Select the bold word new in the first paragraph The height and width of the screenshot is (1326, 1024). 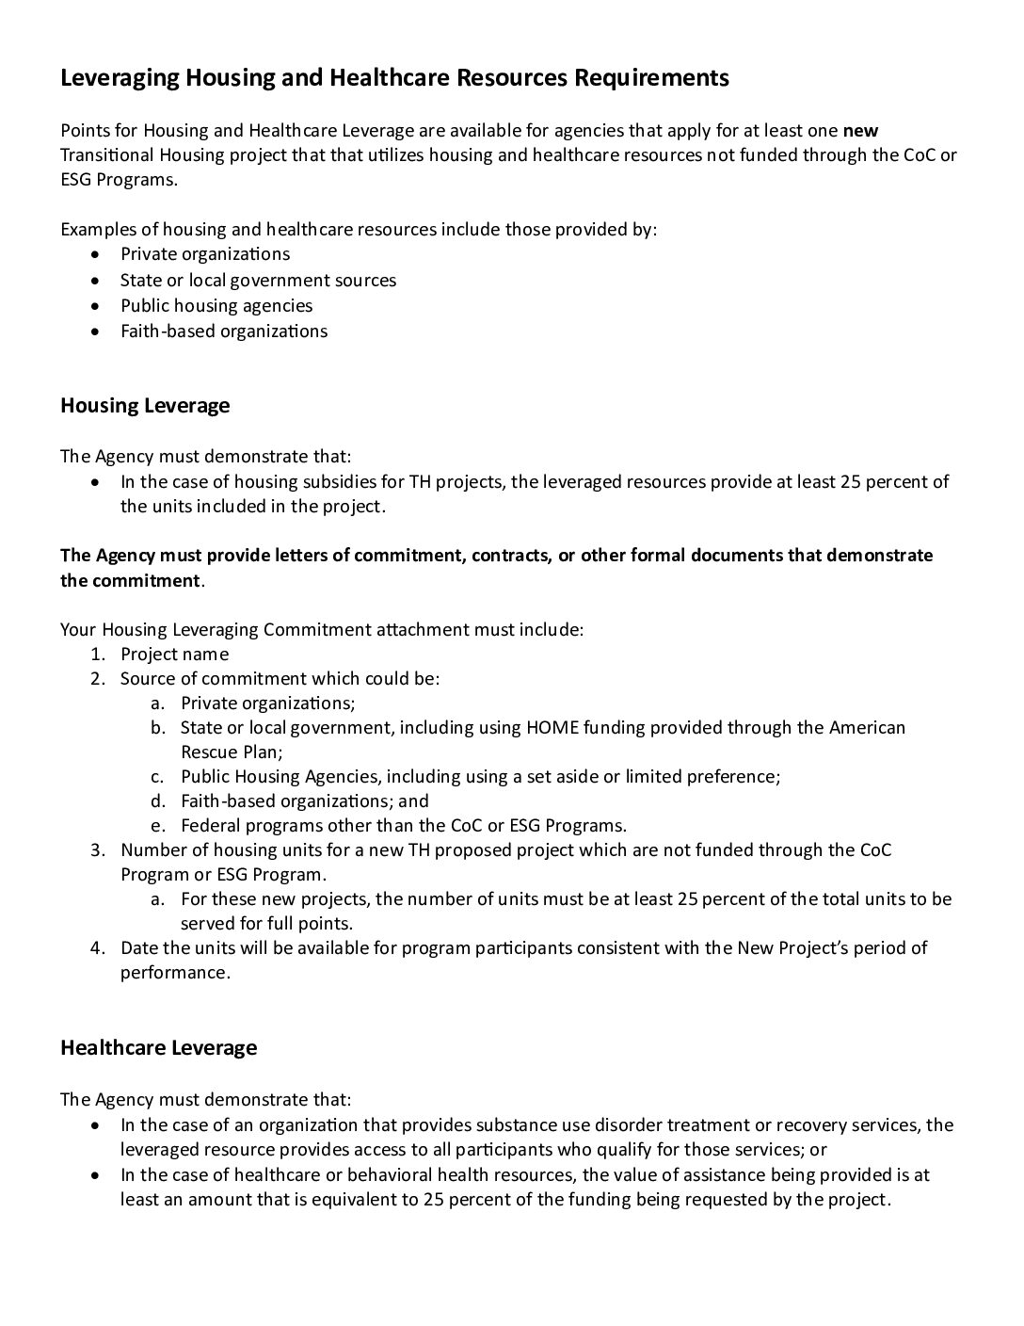point(860,130)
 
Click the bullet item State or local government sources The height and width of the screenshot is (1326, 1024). point(258,280)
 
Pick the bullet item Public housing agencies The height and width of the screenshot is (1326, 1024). point(216,305)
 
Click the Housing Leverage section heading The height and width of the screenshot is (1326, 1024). point(145,406)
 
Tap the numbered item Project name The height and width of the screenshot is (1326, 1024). point(174,654)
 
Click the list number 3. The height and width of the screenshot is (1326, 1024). point(97,849)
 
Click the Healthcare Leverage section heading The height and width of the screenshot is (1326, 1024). point(158,1047)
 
